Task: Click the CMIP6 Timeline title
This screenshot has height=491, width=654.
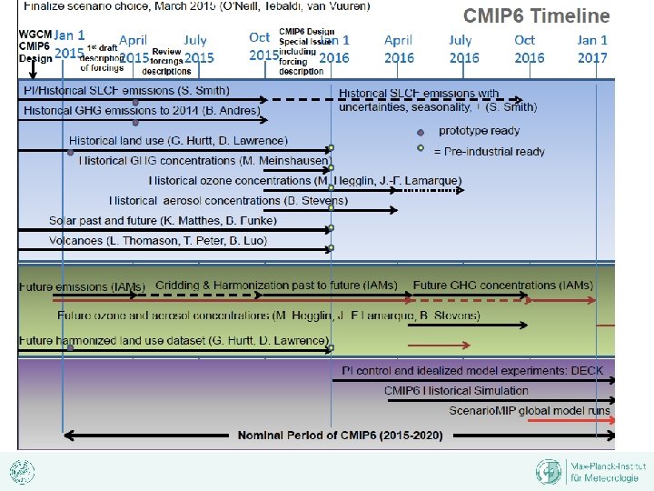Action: (537, 16)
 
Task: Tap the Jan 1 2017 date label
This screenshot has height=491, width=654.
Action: (592, 48)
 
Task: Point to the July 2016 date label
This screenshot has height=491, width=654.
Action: (463, 48)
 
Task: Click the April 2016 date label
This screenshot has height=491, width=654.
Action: (399, 48)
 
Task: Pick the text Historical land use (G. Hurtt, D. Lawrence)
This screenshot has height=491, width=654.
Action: (178, 141)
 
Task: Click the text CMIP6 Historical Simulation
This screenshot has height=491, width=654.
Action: (456, 391)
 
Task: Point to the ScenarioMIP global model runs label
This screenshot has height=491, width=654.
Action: (530, 411)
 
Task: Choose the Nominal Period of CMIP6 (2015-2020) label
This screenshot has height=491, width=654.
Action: (341, 436)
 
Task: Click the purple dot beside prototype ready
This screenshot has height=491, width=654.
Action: (420, 132)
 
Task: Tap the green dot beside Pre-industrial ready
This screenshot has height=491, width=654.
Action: (420, 148)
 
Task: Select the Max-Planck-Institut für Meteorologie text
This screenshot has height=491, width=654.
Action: (602, 471)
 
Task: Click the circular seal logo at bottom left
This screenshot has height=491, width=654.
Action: (22, 471)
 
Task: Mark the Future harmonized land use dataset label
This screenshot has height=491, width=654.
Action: (173, 341)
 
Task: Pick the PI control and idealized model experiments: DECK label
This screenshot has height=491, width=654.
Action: (466, 371)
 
